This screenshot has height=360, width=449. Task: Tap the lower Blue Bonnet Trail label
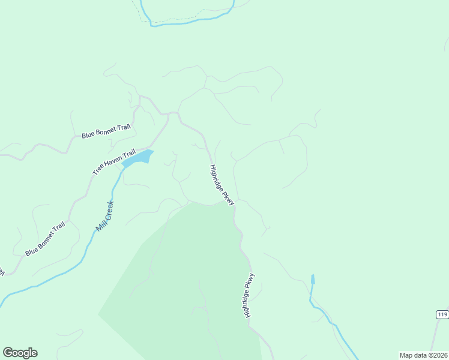(x=44, y=239)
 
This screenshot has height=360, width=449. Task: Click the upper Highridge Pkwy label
(x=221, y=185)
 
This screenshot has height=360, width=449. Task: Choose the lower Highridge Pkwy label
(x=249, y=295)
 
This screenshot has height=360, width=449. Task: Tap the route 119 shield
(x=442, y=314)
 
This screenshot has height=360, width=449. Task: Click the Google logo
(x=20, y=353)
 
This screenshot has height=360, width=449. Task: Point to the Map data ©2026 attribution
(x=423, y=355)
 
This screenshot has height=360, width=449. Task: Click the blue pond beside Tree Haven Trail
(x=138, y=158)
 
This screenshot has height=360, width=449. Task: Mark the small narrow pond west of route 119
(x=312, y=279)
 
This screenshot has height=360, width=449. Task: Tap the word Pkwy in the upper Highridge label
(x=229, y=199)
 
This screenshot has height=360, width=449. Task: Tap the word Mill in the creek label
(x=100, y=226)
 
